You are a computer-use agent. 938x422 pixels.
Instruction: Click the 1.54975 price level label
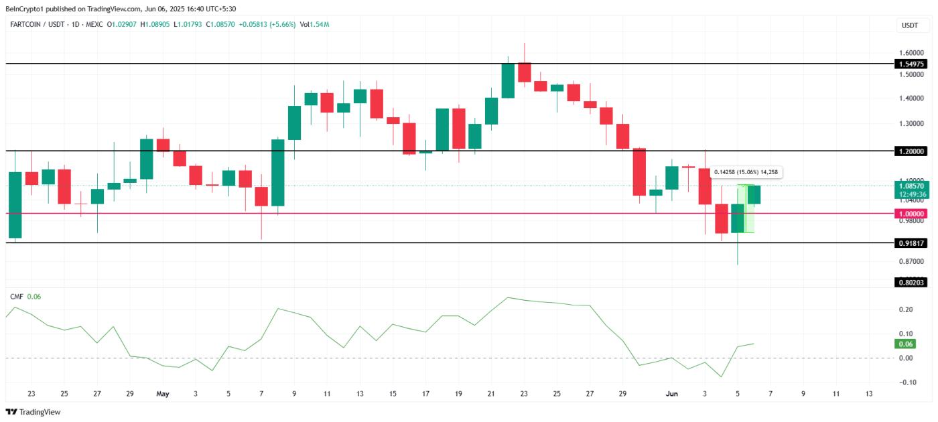click(x=911, y=64)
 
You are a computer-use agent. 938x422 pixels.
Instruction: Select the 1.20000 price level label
click(x=911, y=151)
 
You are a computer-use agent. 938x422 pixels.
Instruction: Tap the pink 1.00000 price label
click(x=911, y=214)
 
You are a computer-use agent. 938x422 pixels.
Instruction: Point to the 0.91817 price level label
click(x=911, y=243)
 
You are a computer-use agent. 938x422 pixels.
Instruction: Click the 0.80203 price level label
click(x=911, y=283)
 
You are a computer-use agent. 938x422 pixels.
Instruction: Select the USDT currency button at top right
click(x=910, y=25)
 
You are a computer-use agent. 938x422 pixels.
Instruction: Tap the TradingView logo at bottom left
click(x=33, y=412)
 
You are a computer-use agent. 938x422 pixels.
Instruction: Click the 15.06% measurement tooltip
click(x=746, y=172)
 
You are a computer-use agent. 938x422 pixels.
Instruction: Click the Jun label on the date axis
click(x=673, y=394)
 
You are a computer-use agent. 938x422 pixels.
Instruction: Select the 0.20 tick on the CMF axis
click(x=905, y=309)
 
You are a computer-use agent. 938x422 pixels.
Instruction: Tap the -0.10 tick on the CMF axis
click(x=904, y=382)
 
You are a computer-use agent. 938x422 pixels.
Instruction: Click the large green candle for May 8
click(x=277, y=172)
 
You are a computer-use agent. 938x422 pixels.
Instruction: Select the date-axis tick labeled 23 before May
click(x=31, y=394)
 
